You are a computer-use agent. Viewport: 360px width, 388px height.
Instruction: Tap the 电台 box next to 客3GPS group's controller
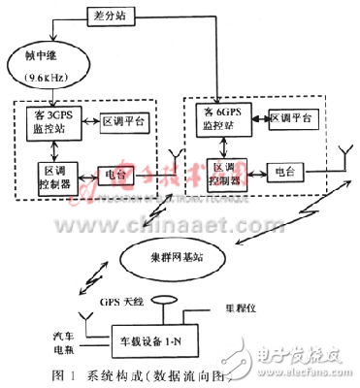(115, 176)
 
